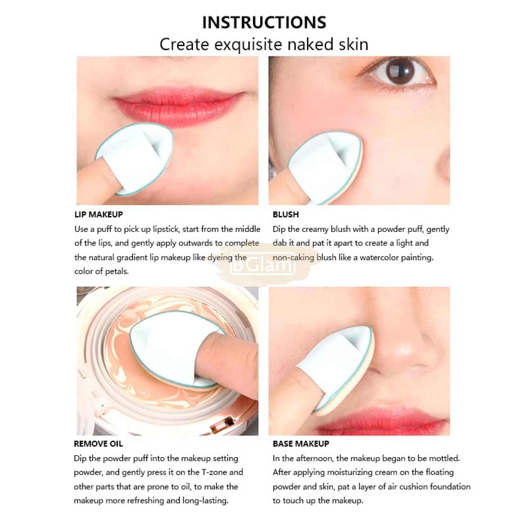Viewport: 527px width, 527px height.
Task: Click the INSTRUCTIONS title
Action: (x=264, y=22)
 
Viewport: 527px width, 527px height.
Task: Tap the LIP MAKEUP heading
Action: (x=99, y=214)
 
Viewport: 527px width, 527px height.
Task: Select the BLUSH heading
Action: (x=286, y=214)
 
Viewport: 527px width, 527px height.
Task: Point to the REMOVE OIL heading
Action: (x=98, y=444)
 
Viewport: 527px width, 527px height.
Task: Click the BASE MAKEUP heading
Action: (x=301, y=444)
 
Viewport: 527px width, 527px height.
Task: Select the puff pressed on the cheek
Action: (x=324, y=166)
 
